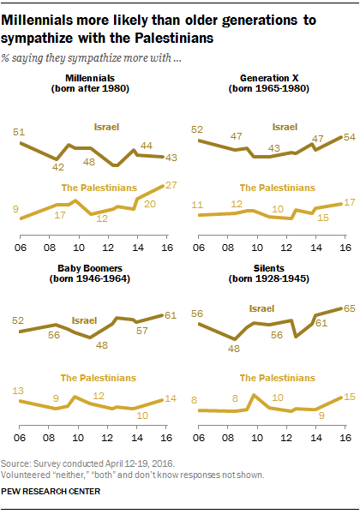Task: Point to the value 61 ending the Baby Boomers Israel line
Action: click(171, 314)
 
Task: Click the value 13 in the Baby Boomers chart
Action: click(17, 390)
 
